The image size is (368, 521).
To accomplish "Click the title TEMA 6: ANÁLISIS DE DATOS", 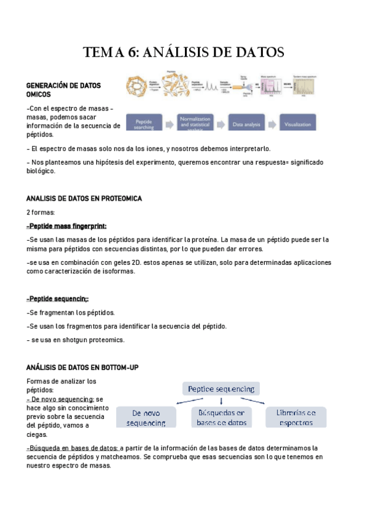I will click(x=184, y=53).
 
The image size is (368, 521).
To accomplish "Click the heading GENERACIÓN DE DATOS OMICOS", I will click(x=63, y=90).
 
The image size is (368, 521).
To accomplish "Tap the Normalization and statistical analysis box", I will click(x=200, y=122).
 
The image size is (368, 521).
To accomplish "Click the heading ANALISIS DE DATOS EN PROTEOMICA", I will click(x=84, y=198).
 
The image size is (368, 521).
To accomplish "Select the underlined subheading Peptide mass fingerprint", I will click(x=59, y=226).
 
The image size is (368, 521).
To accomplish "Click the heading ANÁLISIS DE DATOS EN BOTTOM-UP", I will click(x=82, y=367).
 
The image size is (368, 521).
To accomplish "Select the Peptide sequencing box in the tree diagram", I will click(x=221, y=388).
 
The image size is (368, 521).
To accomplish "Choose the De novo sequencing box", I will click(x=146, y=417).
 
